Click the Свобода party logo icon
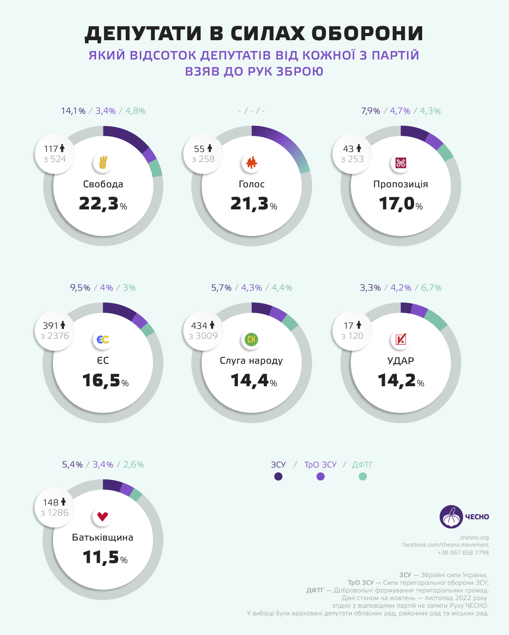(103, 163)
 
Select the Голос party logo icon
(252, 163)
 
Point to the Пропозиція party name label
(400, 184)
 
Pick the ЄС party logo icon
(103, 340)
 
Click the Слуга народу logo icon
(252, 340)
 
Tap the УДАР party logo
(400, 340)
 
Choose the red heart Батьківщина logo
(103, 516)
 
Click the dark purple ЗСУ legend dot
(278, 477)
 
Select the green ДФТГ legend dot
(363, 477)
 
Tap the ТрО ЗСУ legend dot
(320, 477)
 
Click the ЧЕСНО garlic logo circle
(451, 517)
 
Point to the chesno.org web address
(474, 537)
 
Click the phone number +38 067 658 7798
(463, 553)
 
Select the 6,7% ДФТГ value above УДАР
(431, 288)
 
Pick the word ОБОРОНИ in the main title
(367, 33)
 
